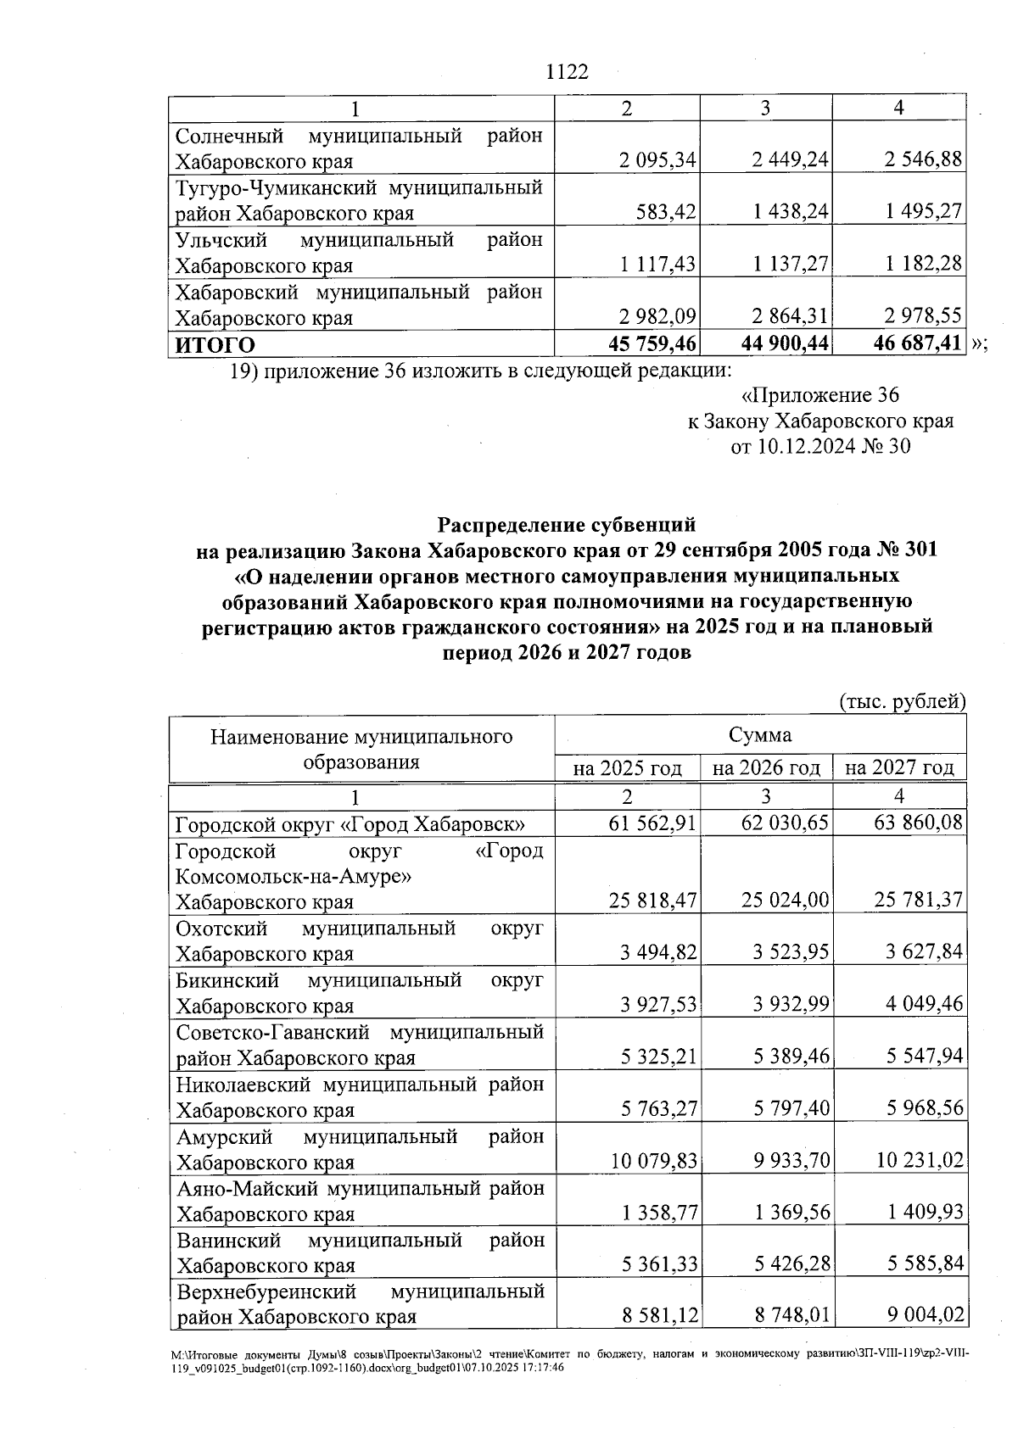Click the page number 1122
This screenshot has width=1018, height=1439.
coord(568,72)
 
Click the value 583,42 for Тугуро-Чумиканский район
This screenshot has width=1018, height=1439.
coord(671,212)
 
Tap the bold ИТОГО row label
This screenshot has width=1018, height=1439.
coord(215,345)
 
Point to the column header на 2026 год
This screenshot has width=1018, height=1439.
coord(766,768)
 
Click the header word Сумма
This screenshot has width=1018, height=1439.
coord(759,734)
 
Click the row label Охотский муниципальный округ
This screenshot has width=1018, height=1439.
coord(359,940)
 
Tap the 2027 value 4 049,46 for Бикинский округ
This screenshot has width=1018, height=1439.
coord(919,1005)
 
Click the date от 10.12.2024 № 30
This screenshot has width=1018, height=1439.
coord(820,446)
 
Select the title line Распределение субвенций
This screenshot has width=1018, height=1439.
coord(567,525)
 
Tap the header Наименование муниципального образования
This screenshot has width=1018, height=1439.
coord(361,748)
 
